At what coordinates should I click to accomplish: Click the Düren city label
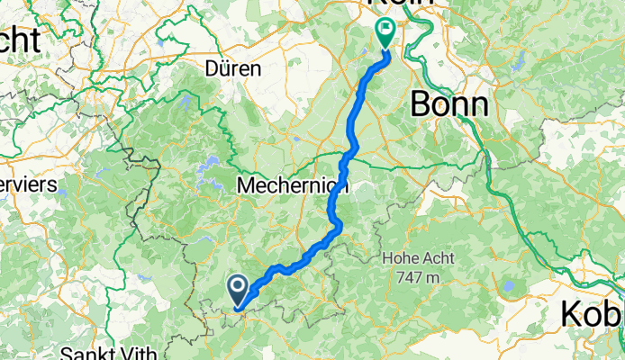(232, 68)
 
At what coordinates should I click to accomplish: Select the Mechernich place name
(292, 186)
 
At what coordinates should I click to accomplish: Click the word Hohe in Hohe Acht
(400, 259)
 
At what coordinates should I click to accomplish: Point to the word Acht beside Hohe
(437, 259)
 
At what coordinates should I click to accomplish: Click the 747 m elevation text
(416, 277)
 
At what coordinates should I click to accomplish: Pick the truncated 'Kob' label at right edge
(592, 314)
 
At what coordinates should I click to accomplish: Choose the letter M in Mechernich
(245, 186)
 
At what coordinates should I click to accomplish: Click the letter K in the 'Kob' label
(573, 314)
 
